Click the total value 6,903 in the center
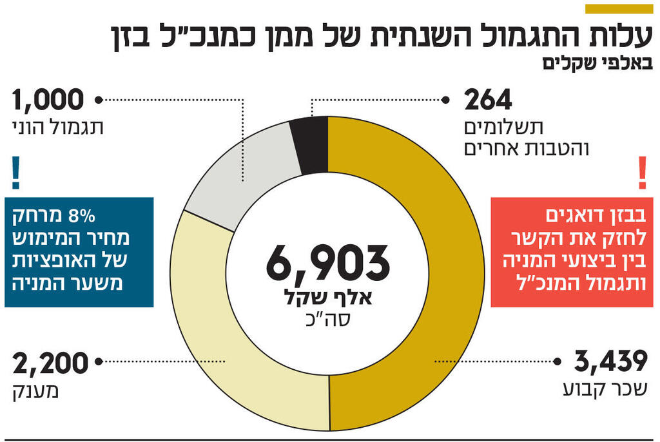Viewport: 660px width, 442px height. pyautogui.click(x=328, y=264)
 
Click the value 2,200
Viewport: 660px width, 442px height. pyautogui.click(x=50, y=363)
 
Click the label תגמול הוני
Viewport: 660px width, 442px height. pyautogui.click(x=57, y=126)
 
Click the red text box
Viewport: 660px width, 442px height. pyautogui.click(x=572, y=252)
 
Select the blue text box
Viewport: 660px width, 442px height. pyautogui.click(x=79, y=252)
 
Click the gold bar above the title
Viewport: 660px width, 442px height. pyautogui.click(x=619, y=8)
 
